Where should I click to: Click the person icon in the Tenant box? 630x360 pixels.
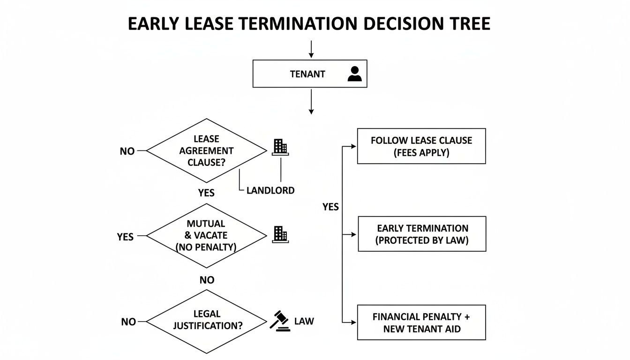point(355,74)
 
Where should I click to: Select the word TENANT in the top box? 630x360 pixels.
point(307,74)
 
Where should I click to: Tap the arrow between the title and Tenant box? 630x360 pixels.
point(311,49)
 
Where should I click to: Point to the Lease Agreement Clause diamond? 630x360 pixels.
point(207,151)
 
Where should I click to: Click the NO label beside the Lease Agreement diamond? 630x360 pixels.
point(127,151)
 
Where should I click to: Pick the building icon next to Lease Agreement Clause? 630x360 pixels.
point(280,147)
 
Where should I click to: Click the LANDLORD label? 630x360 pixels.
point(270,190)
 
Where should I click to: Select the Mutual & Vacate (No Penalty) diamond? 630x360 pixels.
point(207,235)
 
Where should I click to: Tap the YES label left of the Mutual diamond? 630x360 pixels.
point(125,237)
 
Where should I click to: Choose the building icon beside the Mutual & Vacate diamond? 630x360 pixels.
point(280,234)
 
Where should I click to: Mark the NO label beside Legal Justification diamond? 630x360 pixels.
point(128,322)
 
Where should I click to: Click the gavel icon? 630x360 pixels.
point(280,322)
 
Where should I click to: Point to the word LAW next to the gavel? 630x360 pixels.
point(304,322)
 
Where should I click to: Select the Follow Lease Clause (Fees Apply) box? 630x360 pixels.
point(421,146)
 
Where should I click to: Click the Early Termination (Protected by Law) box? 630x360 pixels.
point(422,234)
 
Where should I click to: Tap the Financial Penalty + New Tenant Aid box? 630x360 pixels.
point(421,322)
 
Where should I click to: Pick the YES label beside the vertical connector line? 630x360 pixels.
point(330,207)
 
